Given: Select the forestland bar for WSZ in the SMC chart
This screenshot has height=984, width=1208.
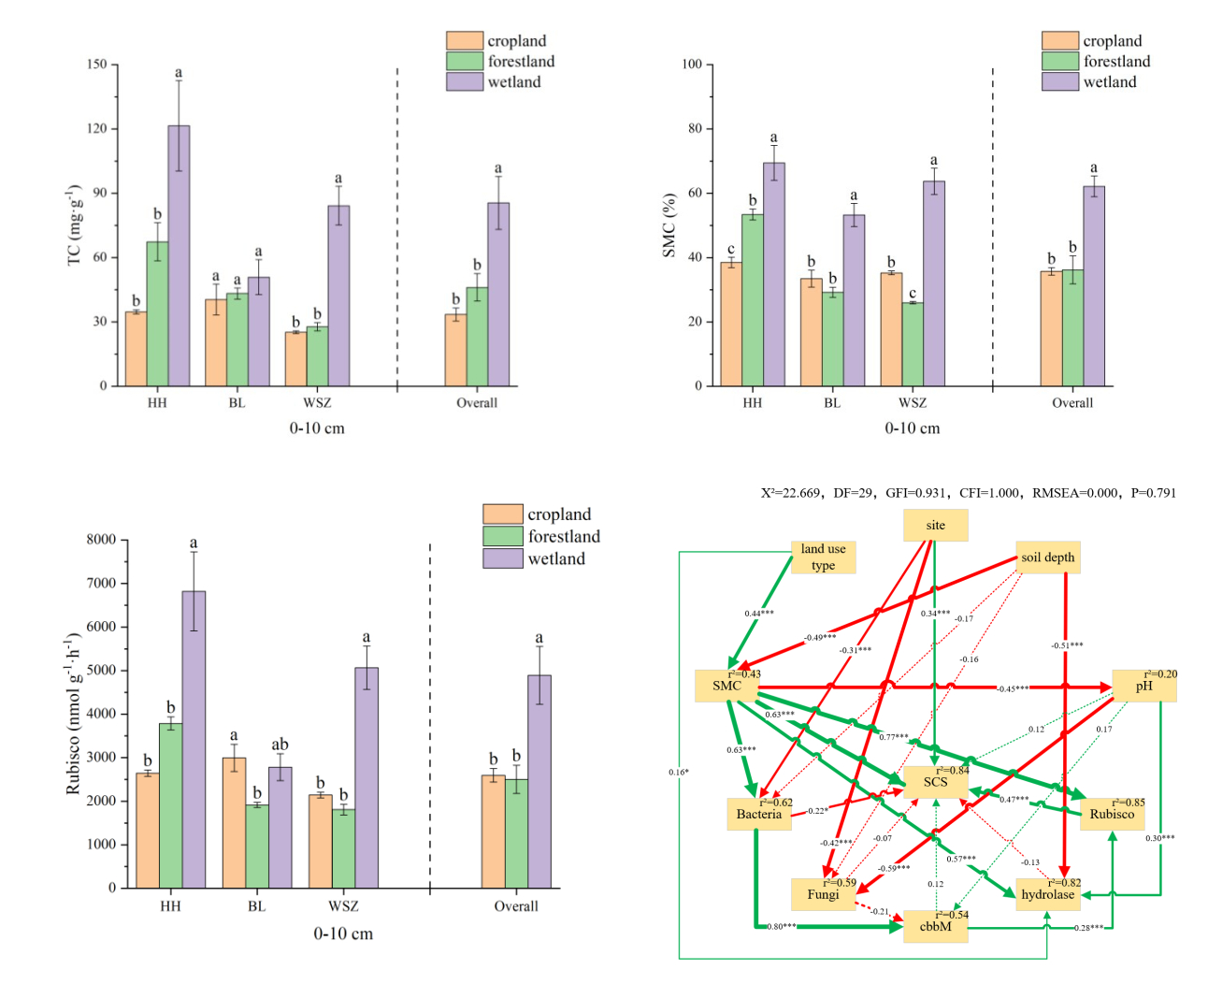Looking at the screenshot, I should [913, 343].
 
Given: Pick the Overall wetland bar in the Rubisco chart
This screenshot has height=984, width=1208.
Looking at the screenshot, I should [539, 781].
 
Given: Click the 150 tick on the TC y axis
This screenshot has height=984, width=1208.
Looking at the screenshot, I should [97, 65].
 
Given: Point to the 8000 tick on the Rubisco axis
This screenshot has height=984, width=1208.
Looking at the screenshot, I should [101, 540].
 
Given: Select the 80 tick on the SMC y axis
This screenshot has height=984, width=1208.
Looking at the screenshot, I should [695, 128].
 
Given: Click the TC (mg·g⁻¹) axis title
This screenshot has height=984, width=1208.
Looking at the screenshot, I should [75, 224].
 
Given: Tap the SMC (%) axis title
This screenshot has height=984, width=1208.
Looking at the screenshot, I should [669, 225].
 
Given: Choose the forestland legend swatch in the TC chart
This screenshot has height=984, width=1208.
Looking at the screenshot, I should [464, 62].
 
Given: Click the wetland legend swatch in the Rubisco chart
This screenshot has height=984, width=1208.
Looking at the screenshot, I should [502, 558].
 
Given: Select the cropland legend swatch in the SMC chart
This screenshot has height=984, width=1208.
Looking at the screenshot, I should [1060, 41].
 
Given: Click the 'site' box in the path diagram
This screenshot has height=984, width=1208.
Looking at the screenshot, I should [935, 526].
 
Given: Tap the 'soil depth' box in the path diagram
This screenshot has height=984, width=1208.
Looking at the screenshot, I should [1047, 557].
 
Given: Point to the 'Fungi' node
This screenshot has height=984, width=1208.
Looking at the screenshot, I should [823, 894].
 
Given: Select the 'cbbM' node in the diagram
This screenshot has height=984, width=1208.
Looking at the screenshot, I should [935, 926].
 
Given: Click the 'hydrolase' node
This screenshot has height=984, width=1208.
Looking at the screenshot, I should [1047, 894].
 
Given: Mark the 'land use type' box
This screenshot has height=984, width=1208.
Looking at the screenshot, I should [823, 557].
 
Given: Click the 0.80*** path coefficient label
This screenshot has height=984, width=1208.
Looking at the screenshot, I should [782, 926].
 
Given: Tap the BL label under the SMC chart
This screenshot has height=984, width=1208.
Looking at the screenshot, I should [832, 403].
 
